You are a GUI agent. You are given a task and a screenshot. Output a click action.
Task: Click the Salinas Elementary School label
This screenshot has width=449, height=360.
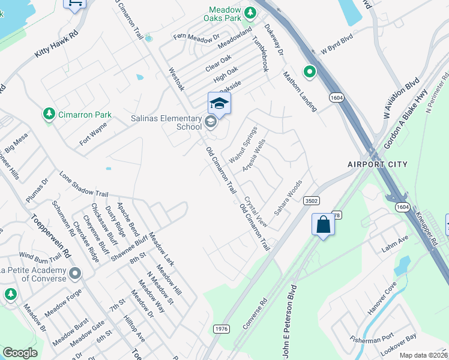(x=167, y=122)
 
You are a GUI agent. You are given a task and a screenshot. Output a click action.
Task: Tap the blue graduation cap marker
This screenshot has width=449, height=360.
(x=219, y=104)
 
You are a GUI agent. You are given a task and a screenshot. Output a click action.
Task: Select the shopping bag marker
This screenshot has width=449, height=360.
(x=323, y=225)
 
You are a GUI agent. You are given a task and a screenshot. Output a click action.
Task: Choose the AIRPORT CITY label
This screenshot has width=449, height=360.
(x=377, y=164)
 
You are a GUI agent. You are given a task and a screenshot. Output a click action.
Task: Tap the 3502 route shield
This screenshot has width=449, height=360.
(x=311, y=200)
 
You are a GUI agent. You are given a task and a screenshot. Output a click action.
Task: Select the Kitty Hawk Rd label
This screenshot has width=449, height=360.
(x=57, y=44)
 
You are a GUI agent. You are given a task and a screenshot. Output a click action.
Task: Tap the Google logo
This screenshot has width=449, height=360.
(x=20, y=353)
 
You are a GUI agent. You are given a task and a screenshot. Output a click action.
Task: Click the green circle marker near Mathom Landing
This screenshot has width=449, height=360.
(x=310, y=73)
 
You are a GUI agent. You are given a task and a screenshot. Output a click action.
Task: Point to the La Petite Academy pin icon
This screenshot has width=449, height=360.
(x=75, y=274)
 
